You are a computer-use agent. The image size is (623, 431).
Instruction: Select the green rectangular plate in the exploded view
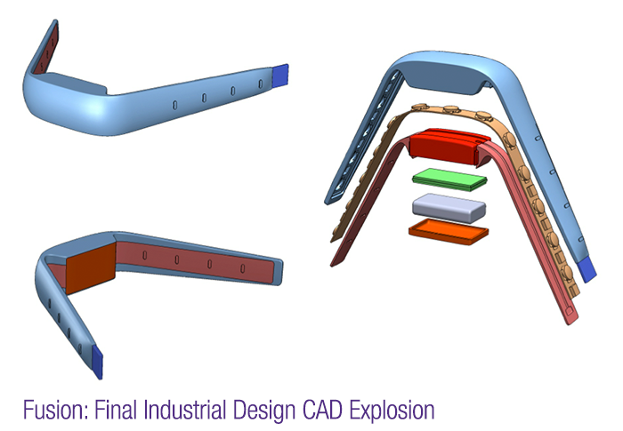tap(450, 177)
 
